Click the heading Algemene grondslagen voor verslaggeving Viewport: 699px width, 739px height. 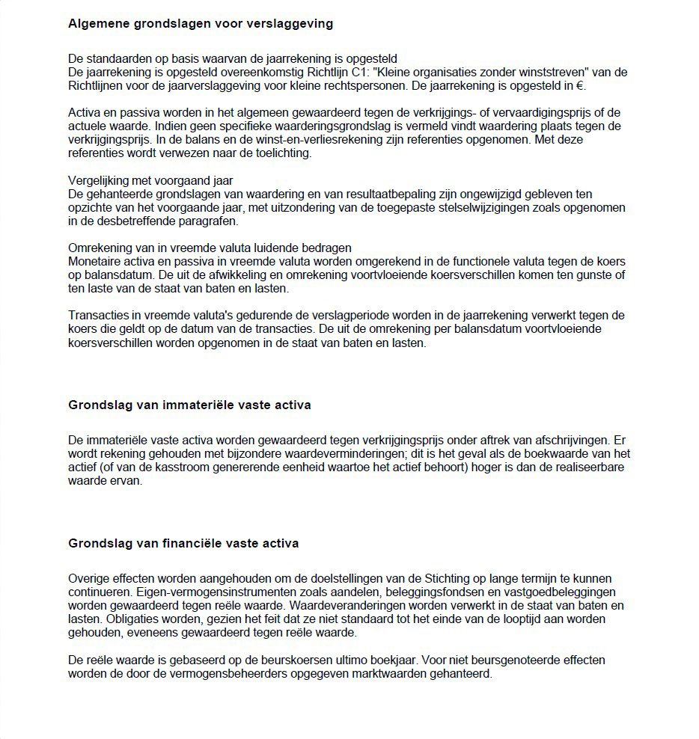coord(201,24)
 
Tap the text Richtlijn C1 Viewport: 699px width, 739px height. coord(341,72)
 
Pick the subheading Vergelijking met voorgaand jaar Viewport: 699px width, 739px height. coord(150,180)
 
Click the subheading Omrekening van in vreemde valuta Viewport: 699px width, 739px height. coord(210,248)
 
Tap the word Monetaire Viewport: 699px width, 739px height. coord(95,261)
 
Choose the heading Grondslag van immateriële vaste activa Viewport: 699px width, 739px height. coord(189,405)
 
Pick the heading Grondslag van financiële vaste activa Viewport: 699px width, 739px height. coord(183,544)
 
